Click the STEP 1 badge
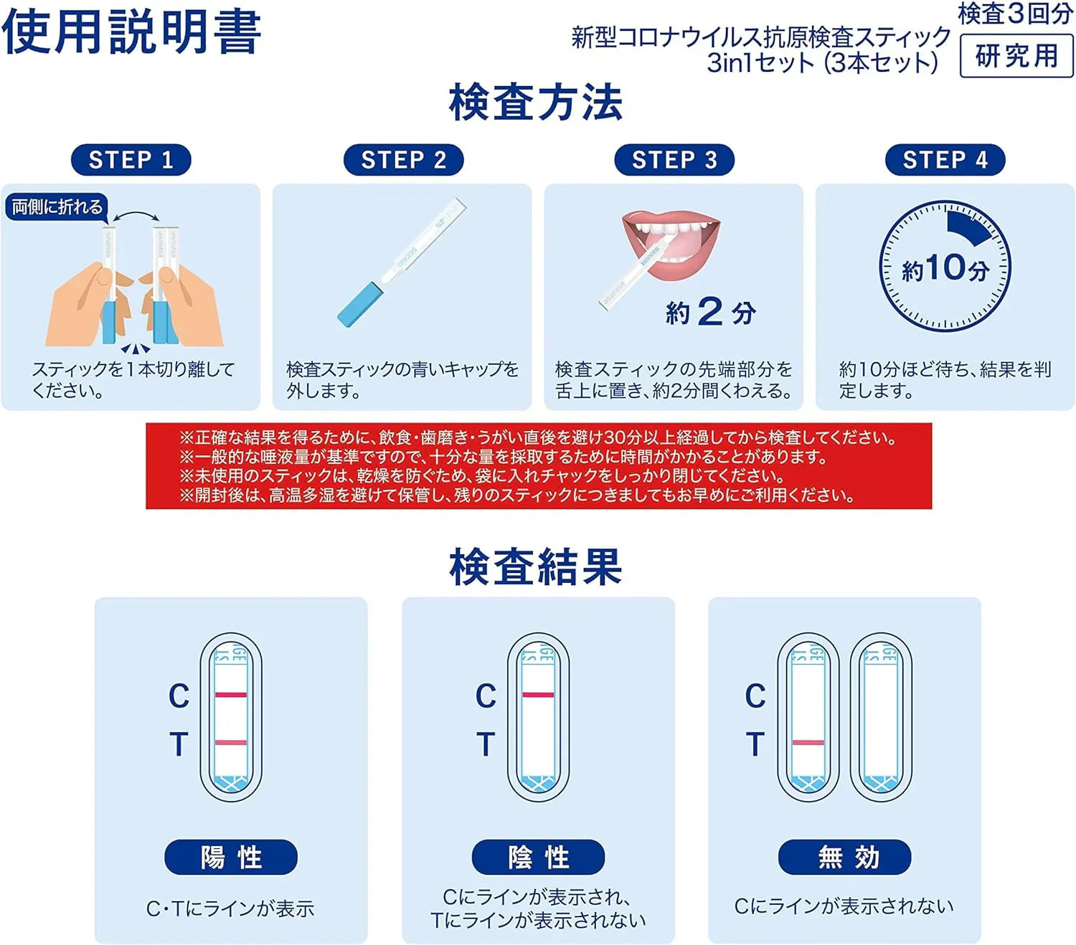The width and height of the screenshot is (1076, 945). pos(131,159)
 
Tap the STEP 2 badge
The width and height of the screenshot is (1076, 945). pos(403,159)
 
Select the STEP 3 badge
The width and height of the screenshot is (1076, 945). pos(674,159)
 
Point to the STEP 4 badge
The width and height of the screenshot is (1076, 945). pos(945,159)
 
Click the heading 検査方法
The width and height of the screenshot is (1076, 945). pos(535,102)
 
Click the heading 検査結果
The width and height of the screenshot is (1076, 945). pos(535,567)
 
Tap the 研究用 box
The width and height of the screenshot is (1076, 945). pos(1016,56)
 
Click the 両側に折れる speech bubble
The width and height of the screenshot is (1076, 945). pos(57,207)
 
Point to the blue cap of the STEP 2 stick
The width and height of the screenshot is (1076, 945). pos(359,305)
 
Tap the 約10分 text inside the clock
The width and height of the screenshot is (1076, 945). pos(945,268)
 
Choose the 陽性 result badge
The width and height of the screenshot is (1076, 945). pos(230,856)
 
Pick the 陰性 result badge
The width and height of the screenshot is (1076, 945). pos(538,856)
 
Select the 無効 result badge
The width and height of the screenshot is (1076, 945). pos(844,856)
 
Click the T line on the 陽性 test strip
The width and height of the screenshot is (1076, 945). pos(231,742)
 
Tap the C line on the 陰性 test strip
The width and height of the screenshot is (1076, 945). pos(538,695)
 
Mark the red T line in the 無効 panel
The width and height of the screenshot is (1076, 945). pos(808,743)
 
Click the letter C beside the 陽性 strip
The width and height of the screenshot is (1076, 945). pos(179,696)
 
